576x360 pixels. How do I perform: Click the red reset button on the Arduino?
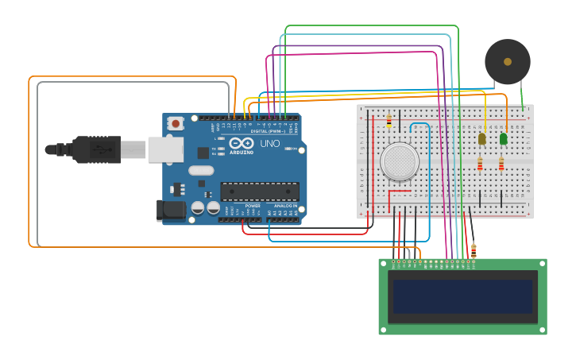click(x=175, y=123)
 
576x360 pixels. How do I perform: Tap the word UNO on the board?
click(x=269, y=144)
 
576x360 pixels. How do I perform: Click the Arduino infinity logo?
click(x=242, y=143)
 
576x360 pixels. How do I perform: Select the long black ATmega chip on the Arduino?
click(x=260, y=191)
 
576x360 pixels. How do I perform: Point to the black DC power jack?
click(x=170, y=210)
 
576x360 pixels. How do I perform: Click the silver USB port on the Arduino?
click(x=165, y=149)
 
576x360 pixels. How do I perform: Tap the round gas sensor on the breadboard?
click(x=400, y=161)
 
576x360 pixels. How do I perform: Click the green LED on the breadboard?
click(x=503, y=139)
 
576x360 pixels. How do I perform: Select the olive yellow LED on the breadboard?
click(x=481, y=139)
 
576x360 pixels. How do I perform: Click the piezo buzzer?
click(x=508, y=61)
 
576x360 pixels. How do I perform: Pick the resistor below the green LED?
click(x=501, y=164)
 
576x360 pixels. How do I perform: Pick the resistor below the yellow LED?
click(x=480, y=164)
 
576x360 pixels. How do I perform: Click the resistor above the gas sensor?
click(x=389, y=121)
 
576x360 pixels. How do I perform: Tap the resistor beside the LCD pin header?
click(x=474, y=250)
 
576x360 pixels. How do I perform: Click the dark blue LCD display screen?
click(x=462, y=296)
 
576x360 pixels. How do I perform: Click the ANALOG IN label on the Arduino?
click(x=285, y=206)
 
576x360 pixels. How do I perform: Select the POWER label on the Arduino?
click(x=253, y=206)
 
